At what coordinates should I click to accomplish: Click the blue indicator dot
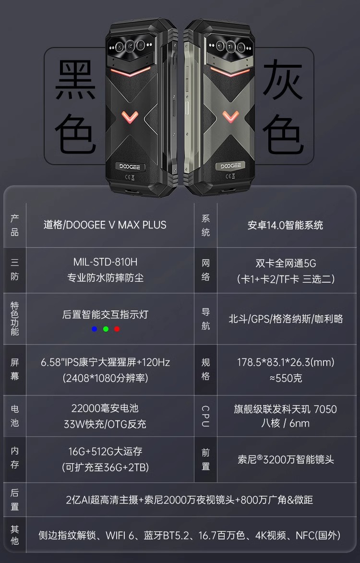[94, 329]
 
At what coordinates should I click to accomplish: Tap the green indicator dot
[106, 329]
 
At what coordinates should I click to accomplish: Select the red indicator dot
[117, 329]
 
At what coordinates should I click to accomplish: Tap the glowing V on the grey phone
[231, 116]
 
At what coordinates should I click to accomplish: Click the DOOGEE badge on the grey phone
[232, 166]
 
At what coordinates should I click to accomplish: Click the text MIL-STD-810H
[105, 262]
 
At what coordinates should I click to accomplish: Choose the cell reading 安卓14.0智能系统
[285, 225]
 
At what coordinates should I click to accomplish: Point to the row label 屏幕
[15, 369]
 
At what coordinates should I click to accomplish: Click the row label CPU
[206, 416]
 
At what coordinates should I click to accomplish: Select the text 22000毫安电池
[105, 408]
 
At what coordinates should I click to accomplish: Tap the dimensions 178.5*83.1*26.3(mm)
[286, 362]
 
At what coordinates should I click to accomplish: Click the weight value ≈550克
[286, 378]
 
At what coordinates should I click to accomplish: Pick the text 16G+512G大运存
[105, 451]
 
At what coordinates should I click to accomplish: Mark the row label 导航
[206, 319]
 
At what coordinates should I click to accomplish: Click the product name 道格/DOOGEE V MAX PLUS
[105, 225]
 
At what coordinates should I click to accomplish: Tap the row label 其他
[15, 535]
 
